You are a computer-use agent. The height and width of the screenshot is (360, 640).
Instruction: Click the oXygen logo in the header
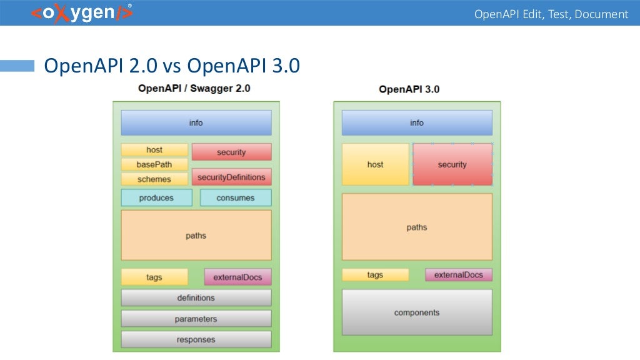point(81,13)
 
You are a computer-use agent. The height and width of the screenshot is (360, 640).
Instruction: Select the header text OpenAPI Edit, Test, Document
point(551,14)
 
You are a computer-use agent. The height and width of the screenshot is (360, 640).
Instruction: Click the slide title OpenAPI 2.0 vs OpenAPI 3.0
point(171,66)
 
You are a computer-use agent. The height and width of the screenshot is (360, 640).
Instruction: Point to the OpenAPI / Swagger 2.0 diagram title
point(194,88)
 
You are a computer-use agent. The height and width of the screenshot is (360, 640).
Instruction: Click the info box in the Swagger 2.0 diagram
point(196,123)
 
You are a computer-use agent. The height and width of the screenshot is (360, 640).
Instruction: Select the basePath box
point(154,164)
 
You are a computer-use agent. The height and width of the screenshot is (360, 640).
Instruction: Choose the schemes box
point(154,179)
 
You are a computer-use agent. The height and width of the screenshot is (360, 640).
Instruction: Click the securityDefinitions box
point(231,177)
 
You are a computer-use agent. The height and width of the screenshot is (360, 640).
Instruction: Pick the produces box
point(156,198)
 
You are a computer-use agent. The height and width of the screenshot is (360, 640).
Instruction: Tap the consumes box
point(236,198)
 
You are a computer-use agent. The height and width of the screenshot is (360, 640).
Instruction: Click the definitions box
point(196,298)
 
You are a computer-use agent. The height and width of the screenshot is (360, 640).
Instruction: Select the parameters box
point(196,319)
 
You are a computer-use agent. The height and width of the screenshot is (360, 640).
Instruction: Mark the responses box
point(196,339)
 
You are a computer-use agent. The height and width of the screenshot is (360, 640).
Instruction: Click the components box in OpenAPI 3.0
point(417,312)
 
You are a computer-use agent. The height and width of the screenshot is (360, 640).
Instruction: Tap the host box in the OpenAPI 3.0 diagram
point(375,164)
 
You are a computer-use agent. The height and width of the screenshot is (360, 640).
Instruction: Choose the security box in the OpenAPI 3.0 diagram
point(452,164)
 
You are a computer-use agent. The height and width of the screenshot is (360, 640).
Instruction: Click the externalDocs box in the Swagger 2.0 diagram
point(237,277)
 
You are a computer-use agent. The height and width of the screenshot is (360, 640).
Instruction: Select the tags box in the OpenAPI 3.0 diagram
point(375,275)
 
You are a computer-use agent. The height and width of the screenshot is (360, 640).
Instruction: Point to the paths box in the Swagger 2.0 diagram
point(196,236)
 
